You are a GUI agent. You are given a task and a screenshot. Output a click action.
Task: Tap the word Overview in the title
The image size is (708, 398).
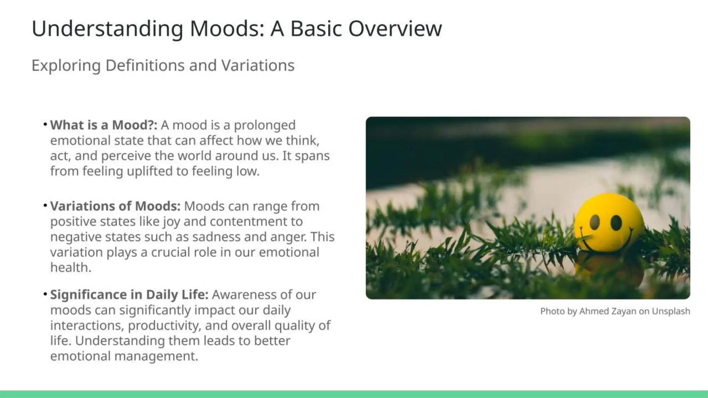tap(395, 28)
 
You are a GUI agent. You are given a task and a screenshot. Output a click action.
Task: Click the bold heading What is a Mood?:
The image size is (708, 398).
tap(103, 125)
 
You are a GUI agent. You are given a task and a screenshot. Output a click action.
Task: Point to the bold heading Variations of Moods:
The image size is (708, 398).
tap(115, 206)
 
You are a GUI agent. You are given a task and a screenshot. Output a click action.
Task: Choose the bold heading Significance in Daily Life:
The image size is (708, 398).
tap(129, 295)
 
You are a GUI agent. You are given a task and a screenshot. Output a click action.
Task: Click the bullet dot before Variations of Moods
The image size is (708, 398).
tap(45, 206)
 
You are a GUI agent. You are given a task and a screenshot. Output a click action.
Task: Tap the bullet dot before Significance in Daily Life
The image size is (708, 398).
tap(45, 294)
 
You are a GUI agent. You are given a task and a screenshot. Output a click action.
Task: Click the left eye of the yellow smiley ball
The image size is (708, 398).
tap(595, 222)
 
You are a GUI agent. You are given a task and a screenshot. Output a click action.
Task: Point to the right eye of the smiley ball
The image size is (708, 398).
tap(616, 222)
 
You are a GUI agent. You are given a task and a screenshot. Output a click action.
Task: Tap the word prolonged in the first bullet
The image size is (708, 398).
tap(264, 125)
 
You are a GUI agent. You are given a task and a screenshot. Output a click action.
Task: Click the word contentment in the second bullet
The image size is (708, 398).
tap(256, 221)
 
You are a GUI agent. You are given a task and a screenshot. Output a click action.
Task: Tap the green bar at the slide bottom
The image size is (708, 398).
tap(354, 394)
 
